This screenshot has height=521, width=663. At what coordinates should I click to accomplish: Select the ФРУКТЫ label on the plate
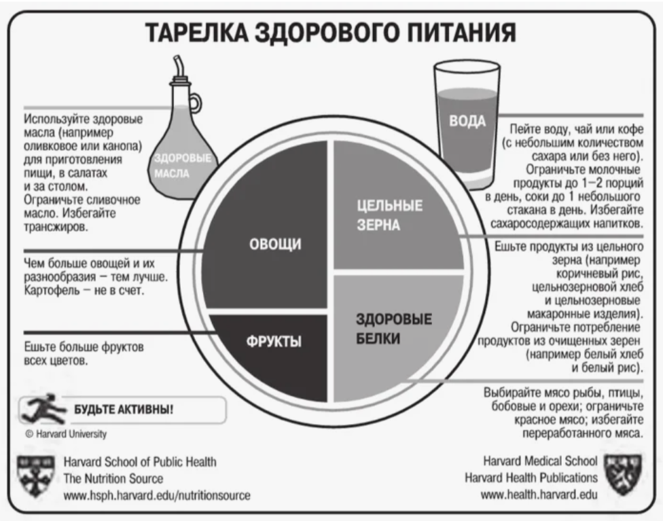coord(273,340)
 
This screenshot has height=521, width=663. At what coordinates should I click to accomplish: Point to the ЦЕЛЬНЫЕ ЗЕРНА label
coord(389,215)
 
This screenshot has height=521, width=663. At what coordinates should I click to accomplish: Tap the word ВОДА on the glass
coord(467,121)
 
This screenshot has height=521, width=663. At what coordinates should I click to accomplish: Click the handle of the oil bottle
coord(194,103)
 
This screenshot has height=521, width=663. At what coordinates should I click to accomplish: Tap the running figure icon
coord(38,409)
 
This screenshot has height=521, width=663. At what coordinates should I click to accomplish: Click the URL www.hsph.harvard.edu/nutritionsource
coord(156,495)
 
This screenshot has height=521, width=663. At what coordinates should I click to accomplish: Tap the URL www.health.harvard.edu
coord(539,495)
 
